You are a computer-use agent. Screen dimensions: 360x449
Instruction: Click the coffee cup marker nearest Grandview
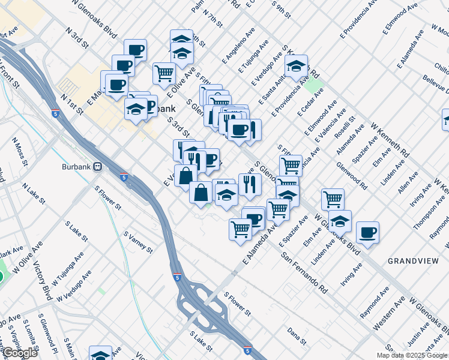(367, 232)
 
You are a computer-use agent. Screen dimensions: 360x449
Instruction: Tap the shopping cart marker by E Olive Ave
(164, 74)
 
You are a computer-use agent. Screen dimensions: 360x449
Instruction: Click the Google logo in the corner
(20, 353)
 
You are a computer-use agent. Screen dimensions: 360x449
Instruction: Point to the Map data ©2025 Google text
(412, 355)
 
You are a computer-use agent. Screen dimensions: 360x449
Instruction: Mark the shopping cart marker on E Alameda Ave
(240, 228)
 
